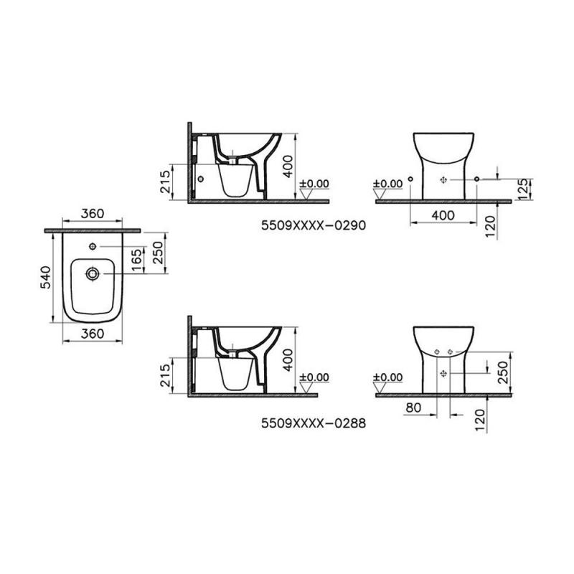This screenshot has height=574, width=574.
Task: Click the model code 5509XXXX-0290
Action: click(x=314, y=225)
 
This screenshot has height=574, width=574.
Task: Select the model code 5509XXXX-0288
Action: click(x=314, y=423)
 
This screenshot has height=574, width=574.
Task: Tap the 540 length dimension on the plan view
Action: click(x=46, y=277)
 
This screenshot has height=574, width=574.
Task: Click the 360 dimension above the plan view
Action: click(x=93, y=213)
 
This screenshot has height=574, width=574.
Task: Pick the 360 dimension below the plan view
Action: click(x=93, y=334)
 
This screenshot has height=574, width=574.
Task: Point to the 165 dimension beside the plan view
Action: click(x=136, y=260)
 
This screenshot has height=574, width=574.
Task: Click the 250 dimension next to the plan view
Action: click(x=158, y=253)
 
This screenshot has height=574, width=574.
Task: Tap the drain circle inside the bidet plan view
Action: click(x=92, y=273)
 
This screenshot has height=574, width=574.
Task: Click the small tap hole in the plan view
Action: click(x=93, y=246)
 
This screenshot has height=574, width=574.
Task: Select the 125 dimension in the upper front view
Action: click(x=524, y=189)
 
